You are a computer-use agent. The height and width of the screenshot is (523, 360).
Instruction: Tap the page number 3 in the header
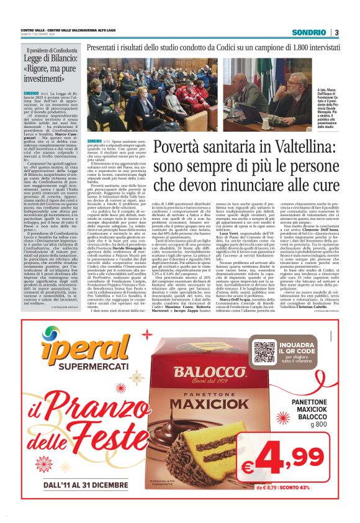(336, 32)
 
